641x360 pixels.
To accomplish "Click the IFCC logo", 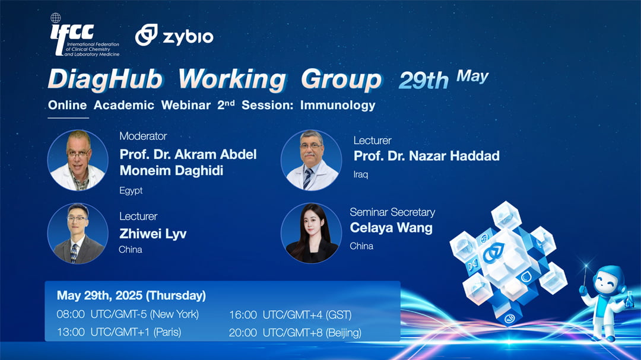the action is pyautogui.click(x=85, y=35).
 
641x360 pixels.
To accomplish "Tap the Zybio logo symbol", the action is pyautogui.click(x=147, y=35).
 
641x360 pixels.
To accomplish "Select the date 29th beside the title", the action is pyautogui.click(x=424, y=80).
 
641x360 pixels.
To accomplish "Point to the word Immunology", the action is pyautogui.click(x=338, y=106).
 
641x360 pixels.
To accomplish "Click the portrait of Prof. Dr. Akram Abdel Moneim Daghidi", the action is pyautogui.click(x=78, y=160).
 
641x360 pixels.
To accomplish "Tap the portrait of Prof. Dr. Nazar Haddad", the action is pyautogui.click(x=311, y=160).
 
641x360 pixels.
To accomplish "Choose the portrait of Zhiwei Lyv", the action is pyautogui.click(x=78, y=233).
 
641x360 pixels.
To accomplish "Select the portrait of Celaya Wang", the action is pyautogui.click(x=311, y=233).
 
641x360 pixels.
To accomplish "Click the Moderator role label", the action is pyautogui.click(x=143, y=136).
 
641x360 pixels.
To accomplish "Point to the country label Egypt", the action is pyautogui.click(x=131, y=190).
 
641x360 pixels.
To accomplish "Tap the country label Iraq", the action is pyautogui.click(x=361, y=174).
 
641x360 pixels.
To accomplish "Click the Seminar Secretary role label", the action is pyautogui.click(x=392, y=212).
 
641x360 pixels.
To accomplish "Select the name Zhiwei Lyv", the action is pyautogui.click(x=153, y=234).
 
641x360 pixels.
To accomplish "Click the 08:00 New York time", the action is pyautogui.click(x=128, y=314).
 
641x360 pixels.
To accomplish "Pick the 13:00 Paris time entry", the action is pyautogui.click(x=119, y=332).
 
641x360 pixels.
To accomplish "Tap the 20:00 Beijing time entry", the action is pyautogui.click(x=295, y=333).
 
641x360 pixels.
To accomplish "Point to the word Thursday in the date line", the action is pyautogui.click(x=176, y=295).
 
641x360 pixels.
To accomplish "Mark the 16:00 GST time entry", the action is pyautogui.click(x=290, y=315).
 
